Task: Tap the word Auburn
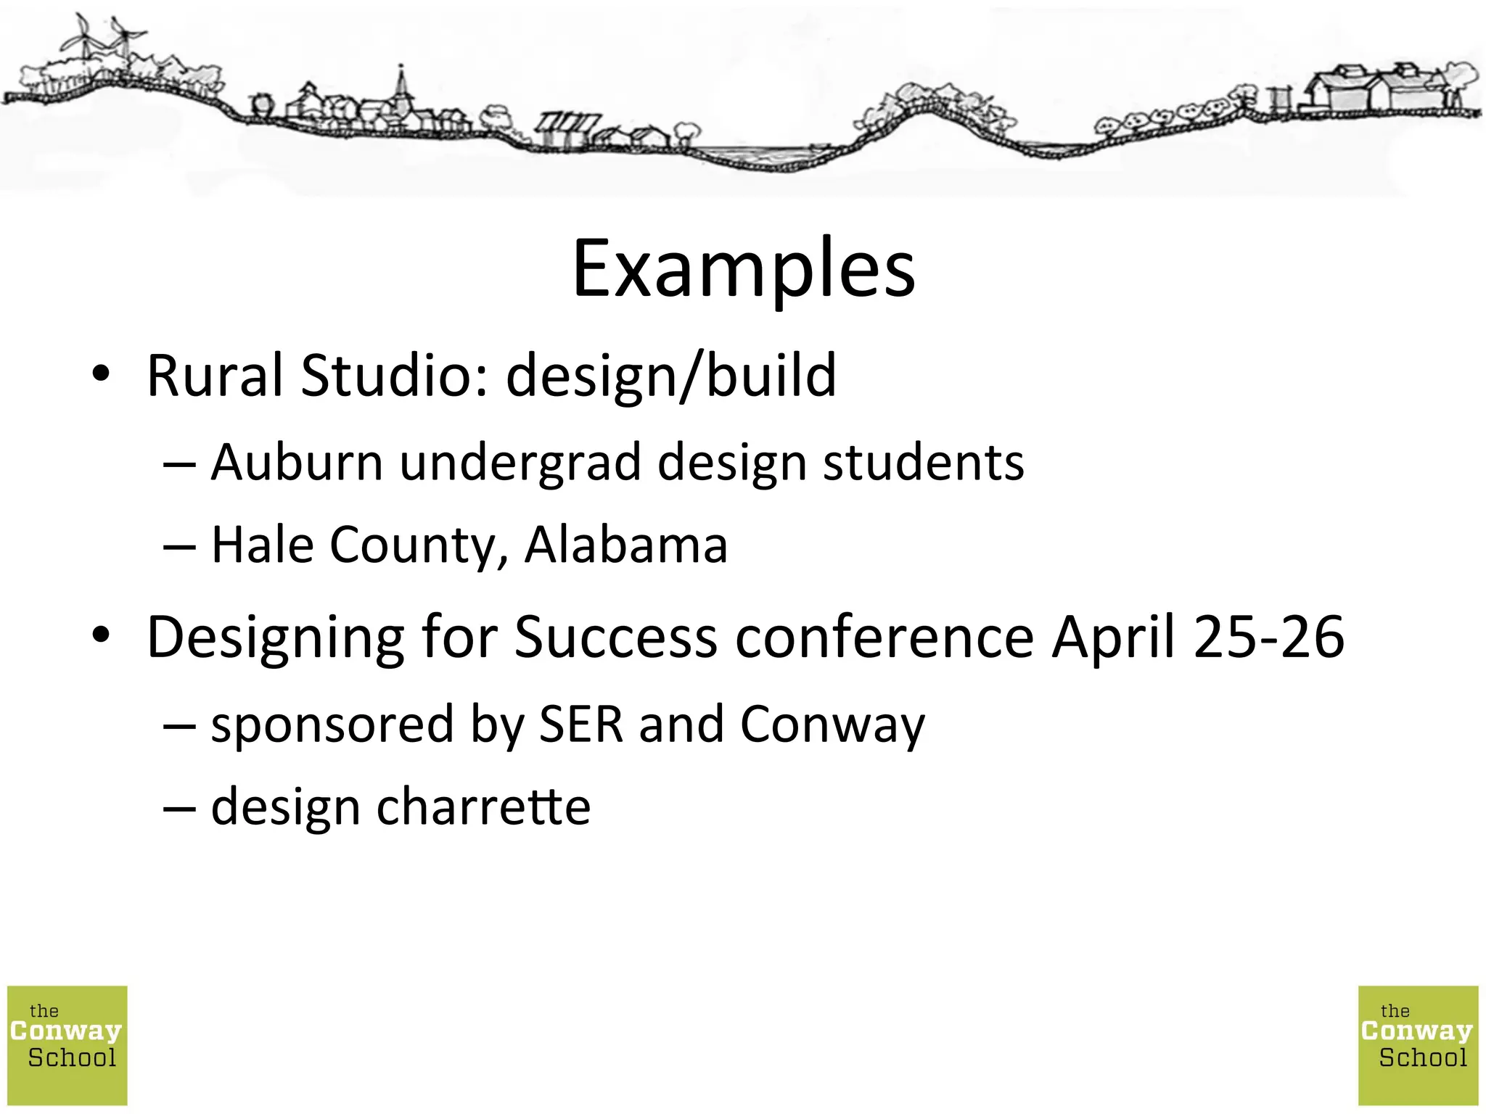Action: [297, 463]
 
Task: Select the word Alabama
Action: [625, 545]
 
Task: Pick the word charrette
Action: [483, 806]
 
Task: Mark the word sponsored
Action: [332, 725]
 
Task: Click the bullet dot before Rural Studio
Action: [101, 374]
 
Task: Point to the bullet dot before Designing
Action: [101, 635]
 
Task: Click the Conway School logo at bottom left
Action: [67, 1045]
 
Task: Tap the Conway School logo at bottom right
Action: [1418, 1045]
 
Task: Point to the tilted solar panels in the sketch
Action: [567, 125]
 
